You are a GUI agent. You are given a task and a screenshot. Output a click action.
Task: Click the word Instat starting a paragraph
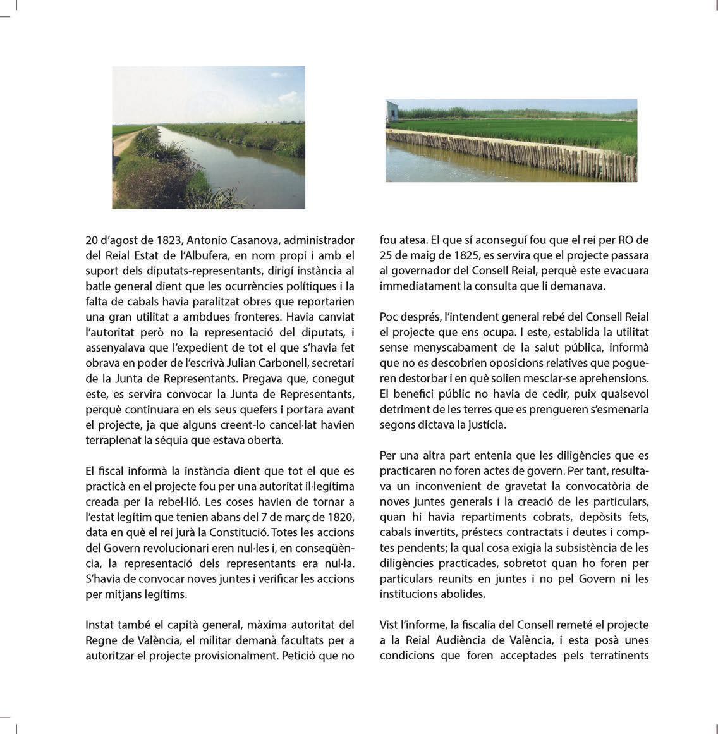coord(101,625)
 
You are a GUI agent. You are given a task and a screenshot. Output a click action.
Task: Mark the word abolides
coord(464,594)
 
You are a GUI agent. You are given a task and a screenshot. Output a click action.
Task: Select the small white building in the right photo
coord(392,110)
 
